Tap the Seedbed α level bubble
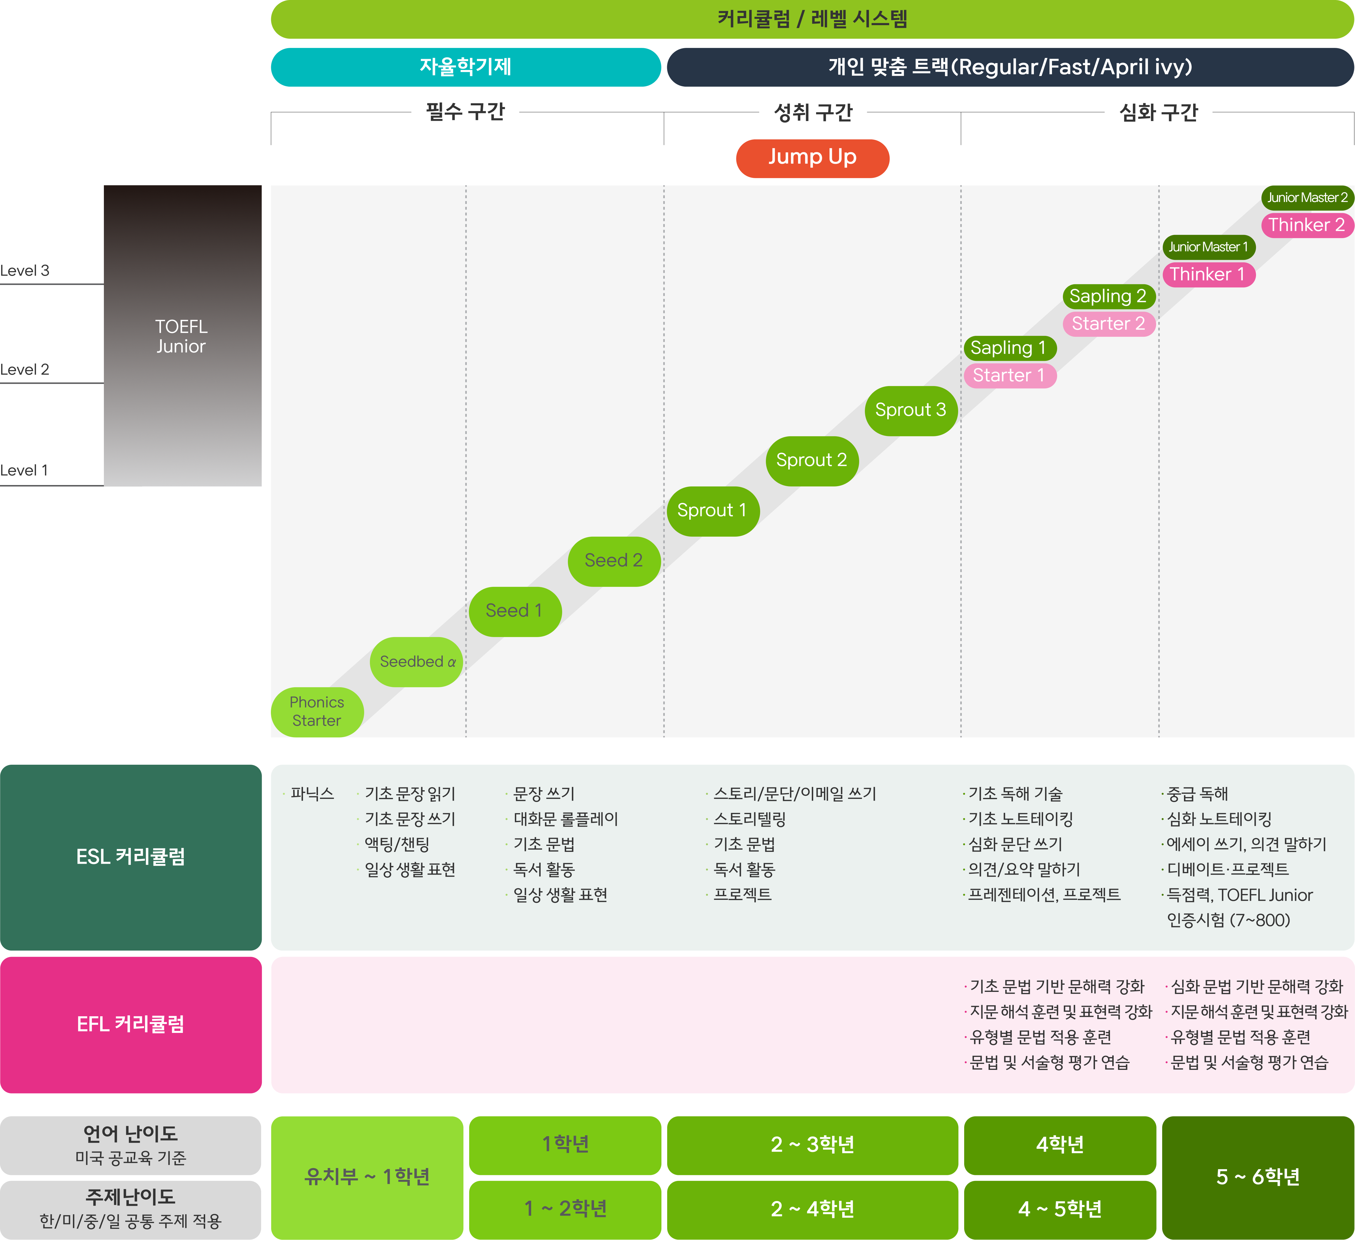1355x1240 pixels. pos(417,662)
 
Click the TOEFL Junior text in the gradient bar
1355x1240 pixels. pos(181,336)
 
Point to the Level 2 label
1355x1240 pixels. pos(25,369)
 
